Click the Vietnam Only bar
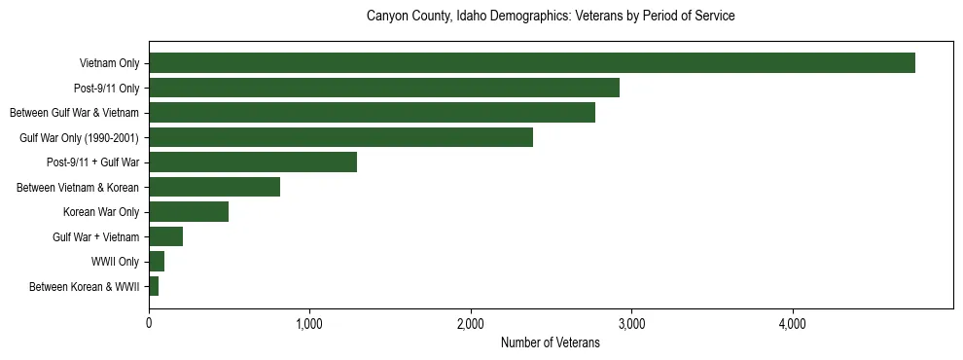point(532,63)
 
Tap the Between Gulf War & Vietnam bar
point(372,113)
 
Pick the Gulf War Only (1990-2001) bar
point(340,137)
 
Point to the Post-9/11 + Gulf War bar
point(253,162)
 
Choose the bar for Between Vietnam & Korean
point(214,187)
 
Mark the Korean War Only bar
point(189,212)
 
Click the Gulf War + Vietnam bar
point(166,236)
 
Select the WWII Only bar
point(157,262)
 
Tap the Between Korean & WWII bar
point(154,286)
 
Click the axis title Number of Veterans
point(550,342)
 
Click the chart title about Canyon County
point(550,17)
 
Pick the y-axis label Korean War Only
point(101,212)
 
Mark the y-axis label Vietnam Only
point(109,63)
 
